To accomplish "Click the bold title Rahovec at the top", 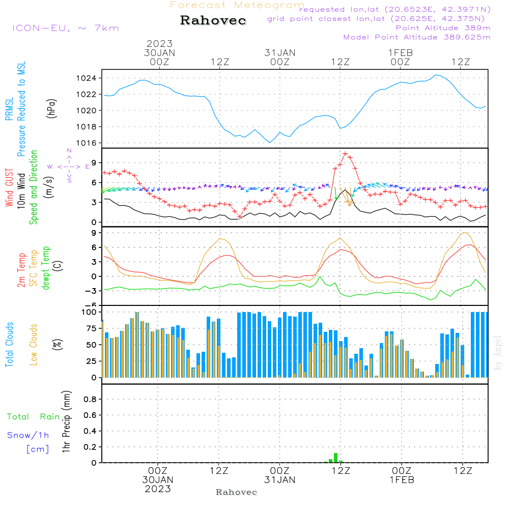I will (x=213, y=21).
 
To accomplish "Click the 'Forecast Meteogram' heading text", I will (x=237, y=5).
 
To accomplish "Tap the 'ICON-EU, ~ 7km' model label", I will (x=65, y=28).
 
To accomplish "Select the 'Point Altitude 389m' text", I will (x=443, y=28).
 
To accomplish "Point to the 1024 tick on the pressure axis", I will (x=90, y=78).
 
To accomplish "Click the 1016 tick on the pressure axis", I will (x=90, y=143).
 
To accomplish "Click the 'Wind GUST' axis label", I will (x=10, y=188).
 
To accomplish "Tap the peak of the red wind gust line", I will (x=345, y=153).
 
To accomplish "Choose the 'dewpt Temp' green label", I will (x=46, y=268).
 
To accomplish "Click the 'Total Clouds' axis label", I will (x=10, y=345).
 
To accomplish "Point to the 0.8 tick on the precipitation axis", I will (x=90, y=400).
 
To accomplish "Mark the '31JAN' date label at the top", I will (x=279, y=52).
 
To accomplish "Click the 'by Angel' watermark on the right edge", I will (x=498, y=353).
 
